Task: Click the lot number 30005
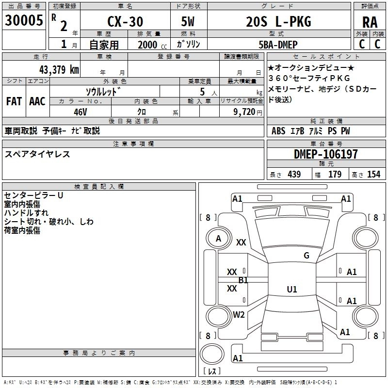(x=24, y=20)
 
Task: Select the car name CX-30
(x=125, y=21)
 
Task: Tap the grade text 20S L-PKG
(x=278, y=21)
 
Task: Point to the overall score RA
(x=370, y=22)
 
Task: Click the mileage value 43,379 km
(x=59, y=69)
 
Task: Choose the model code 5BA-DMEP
(x=278, y=45)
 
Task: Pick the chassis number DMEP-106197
(x=326, y=154)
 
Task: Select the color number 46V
(x=81, y=112)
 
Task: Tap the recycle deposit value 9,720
(x=244, y=112)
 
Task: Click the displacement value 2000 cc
(x=152, y=45)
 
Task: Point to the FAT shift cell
(x=14, y=101)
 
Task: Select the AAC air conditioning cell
(x=37, y=101)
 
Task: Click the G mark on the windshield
(x=307, y=255)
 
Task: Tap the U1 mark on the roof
(x=292, y=289)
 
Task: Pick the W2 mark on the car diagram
(x=239, y=314)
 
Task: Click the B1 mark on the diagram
(x=243, y=280)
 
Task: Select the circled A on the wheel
(x=218, y=239)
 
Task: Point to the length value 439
(x=294, y=174)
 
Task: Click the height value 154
(x=373, y=174)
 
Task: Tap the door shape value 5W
(x=188, y=21)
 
